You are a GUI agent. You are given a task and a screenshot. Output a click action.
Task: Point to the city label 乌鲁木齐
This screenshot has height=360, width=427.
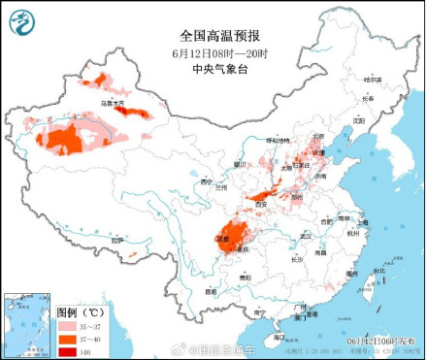click(x=114, y=101)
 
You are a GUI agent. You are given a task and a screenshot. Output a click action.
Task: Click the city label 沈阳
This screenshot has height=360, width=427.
click(x=360, y=120)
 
